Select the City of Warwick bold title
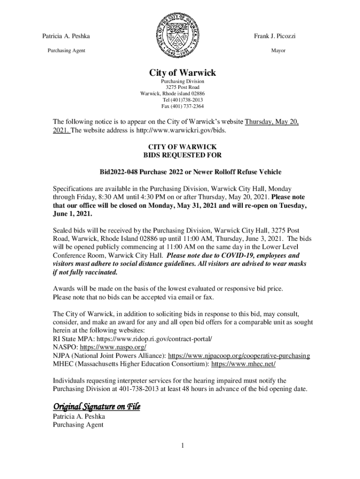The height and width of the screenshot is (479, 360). (x=182, y=73)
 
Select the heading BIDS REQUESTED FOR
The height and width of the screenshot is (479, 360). (x=182, y=155)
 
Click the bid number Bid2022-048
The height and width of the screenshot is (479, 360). (x=117, y=172)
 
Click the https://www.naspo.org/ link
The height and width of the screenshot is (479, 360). (x=113, y=348)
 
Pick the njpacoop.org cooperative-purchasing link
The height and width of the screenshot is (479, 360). (x=238, y=356)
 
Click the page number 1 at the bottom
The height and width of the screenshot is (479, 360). (x=182, y=446)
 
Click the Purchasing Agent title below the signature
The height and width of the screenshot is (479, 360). (x=78, y=425)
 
